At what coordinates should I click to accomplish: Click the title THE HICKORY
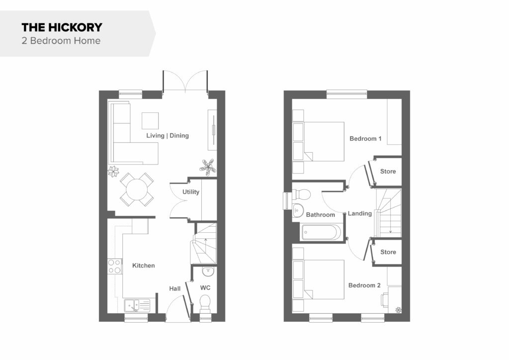[x=62, y=27]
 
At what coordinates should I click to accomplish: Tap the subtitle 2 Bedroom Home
[x=61, y=41]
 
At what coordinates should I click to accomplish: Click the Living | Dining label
[x=168, y=135]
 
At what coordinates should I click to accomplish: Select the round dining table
[x=137, y=189]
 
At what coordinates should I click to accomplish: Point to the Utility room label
[x=191, y=192]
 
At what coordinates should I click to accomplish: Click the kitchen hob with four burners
[x=115, y=266]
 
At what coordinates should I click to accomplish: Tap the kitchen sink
[x=137, y=305]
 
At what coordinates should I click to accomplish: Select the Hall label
[x=174, y=288]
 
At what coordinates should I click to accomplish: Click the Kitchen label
[x=144, y=266]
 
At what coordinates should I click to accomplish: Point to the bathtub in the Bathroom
[x=322, y=232]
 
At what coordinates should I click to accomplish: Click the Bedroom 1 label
[x=365, y=139]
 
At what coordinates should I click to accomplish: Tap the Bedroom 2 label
[x=364, y=285]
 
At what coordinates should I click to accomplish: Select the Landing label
[x=360, y=213]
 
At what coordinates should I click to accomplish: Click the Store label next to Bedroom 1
[x=388, y=172]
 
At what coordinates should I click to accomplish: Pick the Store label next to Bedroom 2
[x=388, y=252]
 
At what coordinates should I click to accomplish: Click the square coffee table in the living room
[x=150, y=121]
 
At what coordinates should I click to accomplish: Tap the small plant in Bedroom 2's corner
[x=398, y=310]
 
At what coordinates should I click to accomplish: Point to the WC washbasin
[x=208, y=271]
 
